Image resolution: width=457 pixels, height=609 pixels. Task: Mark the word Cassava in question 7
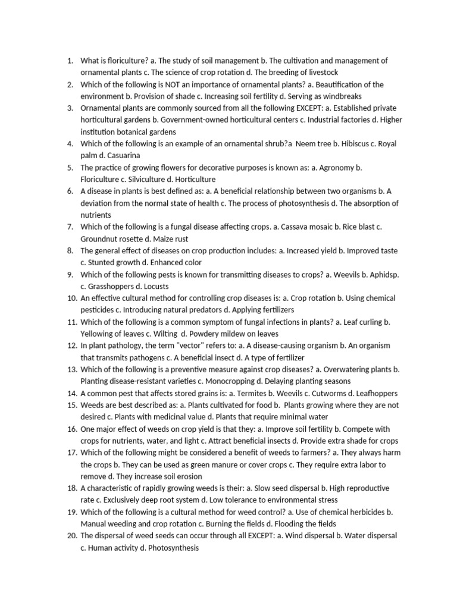click(x=295, y=227)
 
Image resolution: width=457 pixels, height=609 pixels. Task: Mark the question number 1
click(x=70, y=61)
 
